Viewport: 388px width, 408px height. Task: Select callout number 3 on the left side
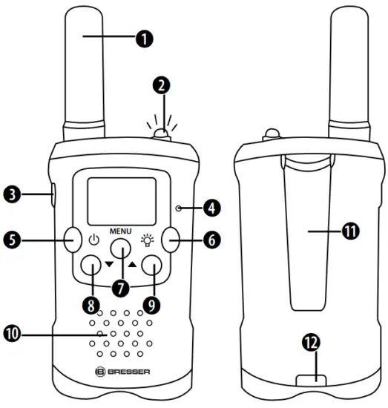click(11, 196)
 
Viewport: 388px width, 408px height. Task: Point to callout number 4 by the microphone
click(216, 208)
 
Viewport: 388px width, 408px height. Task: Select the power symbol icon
click(93, 240)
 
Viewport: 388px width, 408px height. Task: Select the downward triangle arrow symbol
click(108, 265)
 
